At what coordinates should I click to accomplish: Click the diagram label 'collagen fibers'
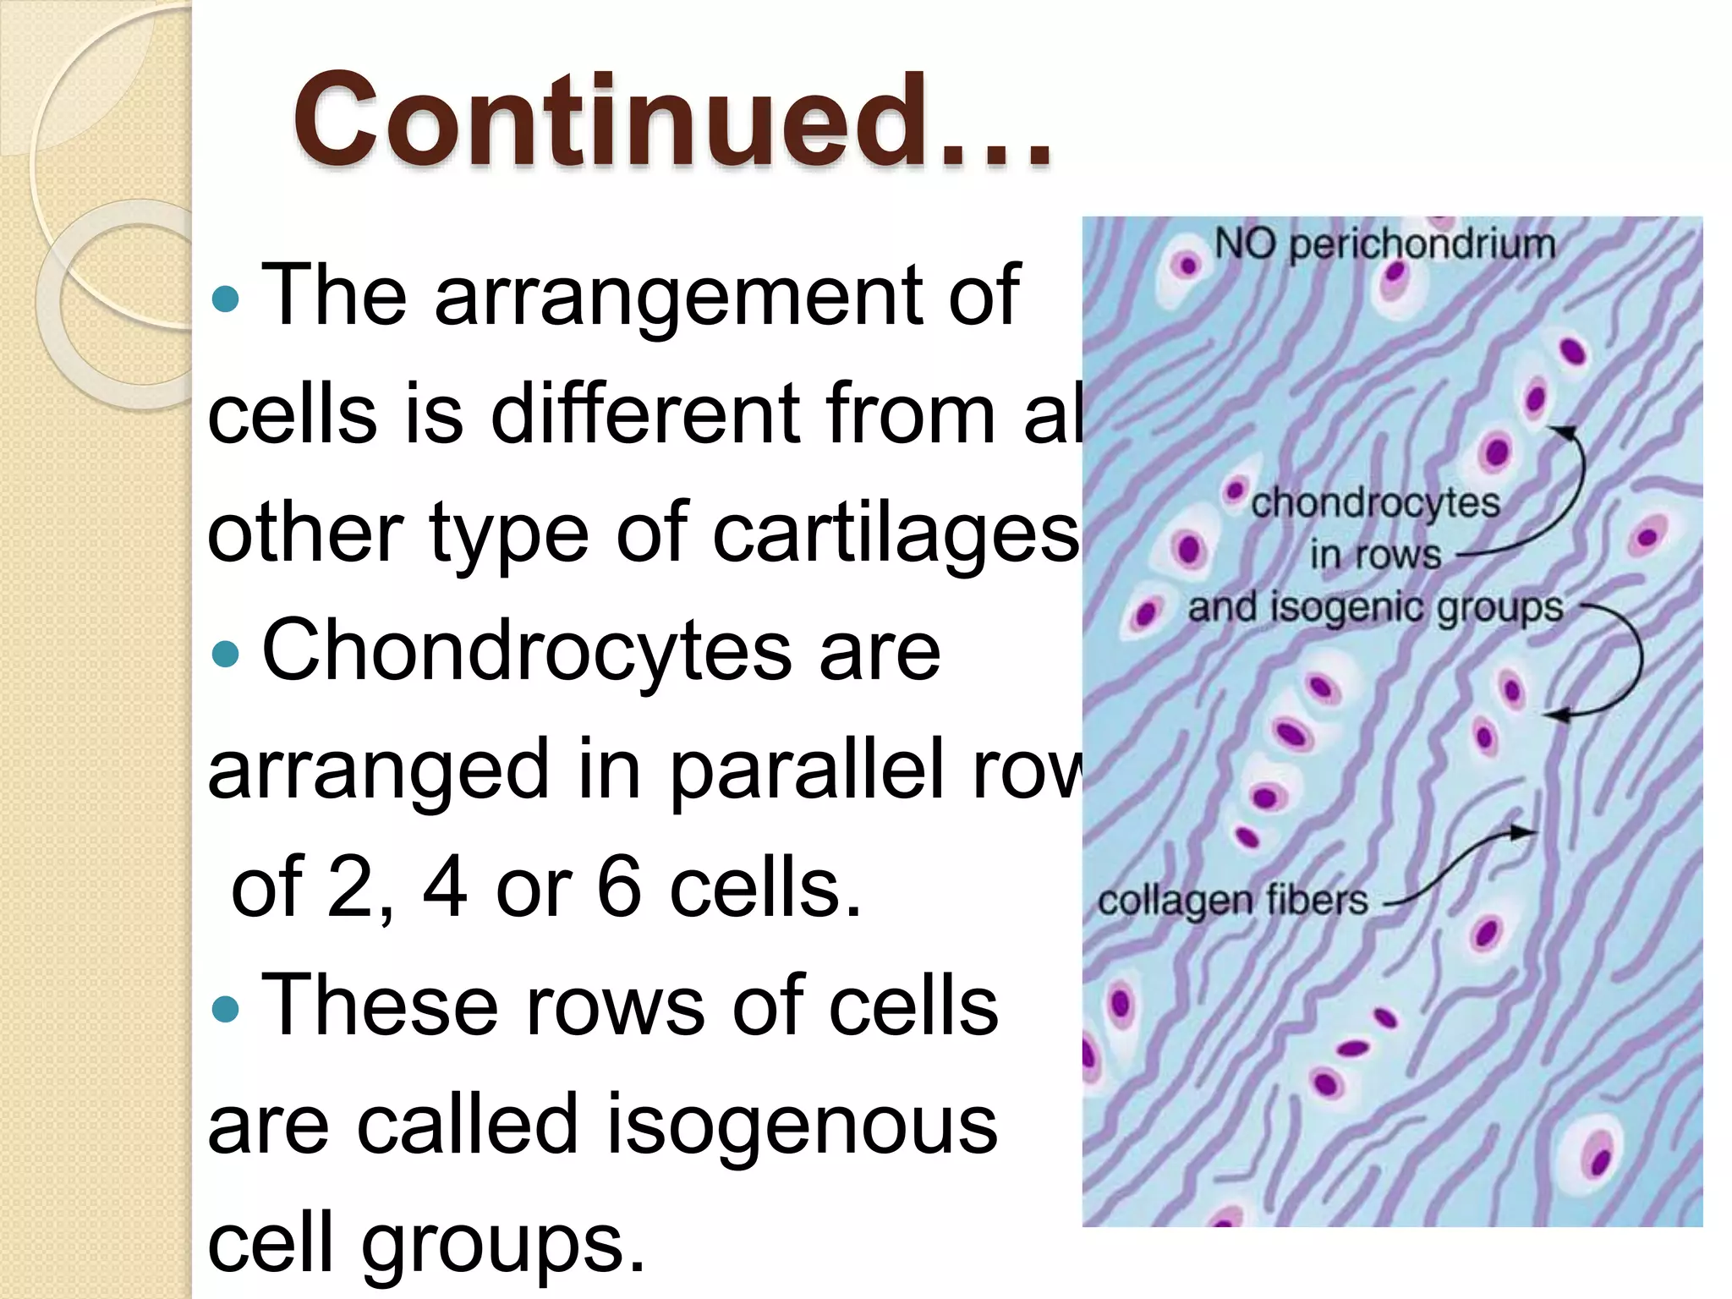click(x=1232, y=901)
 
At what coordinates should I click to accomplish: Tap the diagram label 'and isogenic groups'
click(x=1375, y=608)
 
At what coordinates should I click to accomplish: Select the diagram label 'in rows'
click(x=1375, y=556)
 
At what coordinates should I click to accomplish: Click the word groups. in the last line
click(x=502, y=1243)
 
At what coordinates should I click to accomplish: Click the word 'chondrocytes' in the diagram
click(x=1375, y=504)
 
